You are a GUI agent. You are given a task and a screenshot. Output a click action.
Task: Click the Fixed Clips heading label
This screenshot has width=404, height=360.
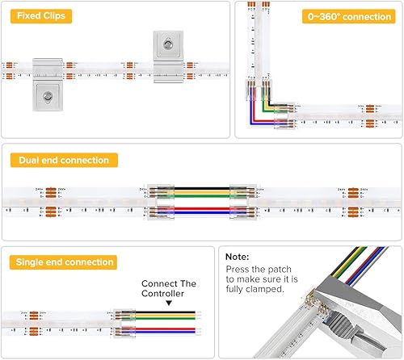point(38,16)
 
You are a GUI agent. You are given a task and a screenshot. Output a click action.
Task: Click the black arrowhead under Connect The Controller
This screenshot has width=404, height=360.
point(168,304)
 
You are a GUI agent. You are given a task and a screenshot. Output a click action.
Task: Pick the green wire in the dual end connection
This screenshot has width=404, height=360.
point(202,197)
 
